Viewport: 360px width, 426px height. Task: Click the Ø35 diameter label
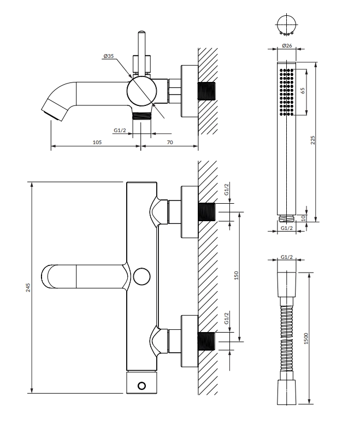coord(108,56)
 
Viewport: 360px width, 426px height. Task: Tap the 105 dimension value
coord(97,143)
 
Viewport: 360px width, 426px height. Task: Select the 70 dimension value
coord(170,143)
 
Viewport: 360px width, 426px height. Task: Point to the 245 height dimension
coord(28,287)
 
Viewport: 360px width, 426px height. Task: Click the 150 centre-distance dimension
coord(236,275)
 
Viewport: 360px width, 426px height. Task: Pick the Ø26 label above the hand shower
coord(287,45)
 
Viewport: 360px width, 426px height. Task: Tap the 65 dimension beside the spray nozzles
coord(303,91)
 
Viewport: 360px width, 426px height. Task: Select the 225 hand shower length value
coord(312,140)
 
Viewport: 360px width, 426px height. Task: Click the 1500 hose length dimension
coord(306,339)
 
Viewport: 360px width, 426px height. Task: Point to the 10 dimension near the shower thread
coord(304,217)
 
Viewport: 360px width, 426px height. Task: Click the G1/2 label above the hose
coord(287,257)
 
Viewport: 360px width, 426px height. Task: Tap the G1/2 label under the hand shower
coord(287,228)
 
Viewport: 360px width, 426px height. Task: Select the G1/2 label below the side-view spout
coord(120,131)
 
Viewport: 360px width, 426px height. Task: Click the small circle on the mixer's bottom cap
coord(142,386)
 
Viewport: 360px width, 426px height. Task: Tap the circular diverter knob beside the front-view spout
coord(142,276)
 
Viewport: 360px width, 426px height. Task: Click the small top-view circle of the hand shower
coord(287,24)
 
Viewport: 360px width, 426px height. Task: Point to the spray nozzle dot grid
coord(287,92)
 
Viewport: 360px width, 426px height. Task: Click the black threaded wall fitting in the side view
coord(206,91)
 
